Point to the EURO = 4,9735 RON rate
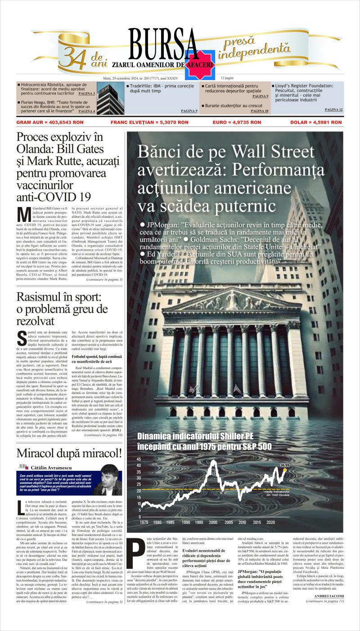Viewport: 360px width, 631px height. [x=237, y=122]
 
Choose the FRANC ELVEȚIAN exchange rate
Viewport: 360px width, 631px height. [x=149, y=122]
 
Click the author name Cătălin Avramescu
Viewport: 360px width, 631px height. [x=52, y=468]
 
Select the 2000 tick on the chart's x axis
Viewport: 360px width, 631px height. [x=213, y=522]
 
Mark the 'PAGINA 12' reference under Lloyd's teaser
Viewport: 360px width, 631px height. [x=333, y=109]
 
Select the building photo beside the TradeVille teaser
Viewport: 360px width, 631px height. [x=110, y=98]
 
